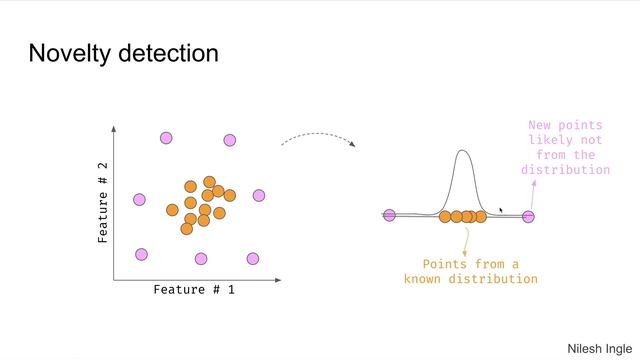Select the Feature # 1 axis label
click(194, 290)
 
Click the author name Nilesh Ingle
click(600, 347)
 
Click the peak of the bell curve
click(462, 152)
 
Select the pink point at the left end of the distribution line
click(390, 215)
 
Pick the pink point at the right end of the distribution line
click(529, 216)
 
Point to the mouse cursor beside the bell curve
click(501, 211)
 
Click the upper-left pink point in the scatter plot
click(166, 138)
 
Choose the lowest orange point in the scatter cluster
click(186, 229)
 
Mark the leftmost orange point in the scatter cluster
click(172, 210)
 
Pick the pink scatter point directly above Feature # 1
click(201, 259)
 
